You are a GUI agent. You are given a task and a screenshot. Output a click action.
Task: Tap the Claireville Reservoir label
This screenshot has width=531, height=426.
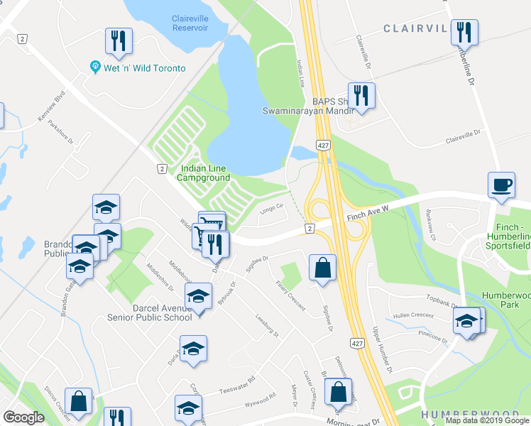point(190,23)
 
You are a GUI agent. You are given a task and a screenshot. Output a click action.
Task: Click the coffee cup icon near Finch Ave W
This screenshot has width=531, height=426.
point(501,184)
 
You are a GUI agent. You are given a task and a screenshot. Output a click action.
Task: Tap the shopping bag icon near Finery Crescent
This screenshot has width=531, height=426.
point(322,268)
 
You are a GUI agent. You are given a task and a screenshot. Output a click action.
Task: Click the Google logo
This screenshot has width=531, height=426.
point(23,417)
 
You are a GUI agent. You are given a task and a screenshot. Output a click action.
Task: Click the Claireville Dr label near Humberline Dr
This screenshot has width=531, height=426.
point(464,136)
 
